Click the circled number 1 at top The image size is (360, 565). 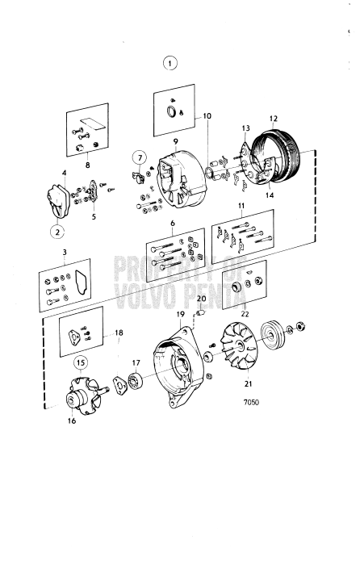click(169, 62)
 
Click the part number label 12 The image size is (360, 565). click(273, 116)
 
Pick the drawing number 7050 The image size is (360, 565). click(253, 398)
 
